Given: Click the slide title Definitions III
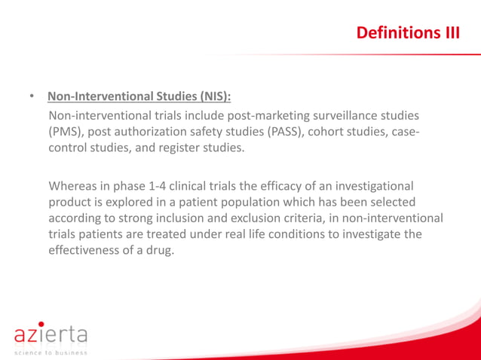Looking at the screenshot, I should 407,33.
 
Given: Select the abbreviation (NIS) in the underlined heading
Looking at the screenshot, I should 214,97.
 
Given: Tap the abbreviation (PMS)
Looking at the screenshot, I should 68,133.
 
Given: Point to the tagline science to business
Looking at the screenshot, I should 49,352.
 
